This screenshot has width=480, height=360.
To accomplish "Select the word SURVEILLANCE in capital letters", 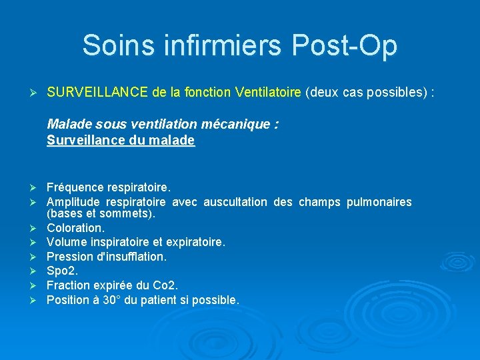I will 97,92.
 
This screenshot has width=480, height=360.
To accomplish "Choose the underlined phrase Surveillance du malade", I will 121,140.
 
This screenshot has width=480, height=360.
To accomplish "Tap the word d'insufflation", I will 131,256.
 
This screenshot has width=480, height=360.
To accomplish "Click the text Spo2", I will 62,271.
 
